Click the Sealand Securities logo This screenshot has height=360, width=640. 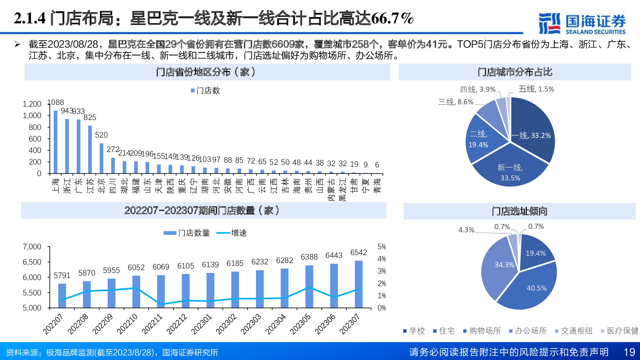click(582, 23)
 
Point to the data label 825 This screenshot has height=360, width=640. click(90, 117)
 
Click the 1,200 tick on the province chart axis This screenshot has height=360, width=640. click(32, 104)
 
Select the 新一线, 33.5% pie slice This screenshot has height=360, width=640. click(510, 170)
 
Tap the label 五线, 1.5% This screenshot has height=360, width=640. click(536, 89)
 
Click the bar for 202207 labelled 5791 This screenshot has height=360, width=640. click(62, 296)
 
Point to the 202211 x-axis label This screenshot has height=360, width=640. click(152, 324)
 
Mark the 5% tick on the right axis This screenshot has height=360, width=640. click(381, 247)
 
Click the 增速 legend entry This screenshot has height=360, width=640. click(232, 233)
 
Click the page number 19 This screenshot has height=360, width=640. click(629, 352)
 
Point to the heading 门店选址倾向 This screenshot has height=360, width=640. click(519, 211)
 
